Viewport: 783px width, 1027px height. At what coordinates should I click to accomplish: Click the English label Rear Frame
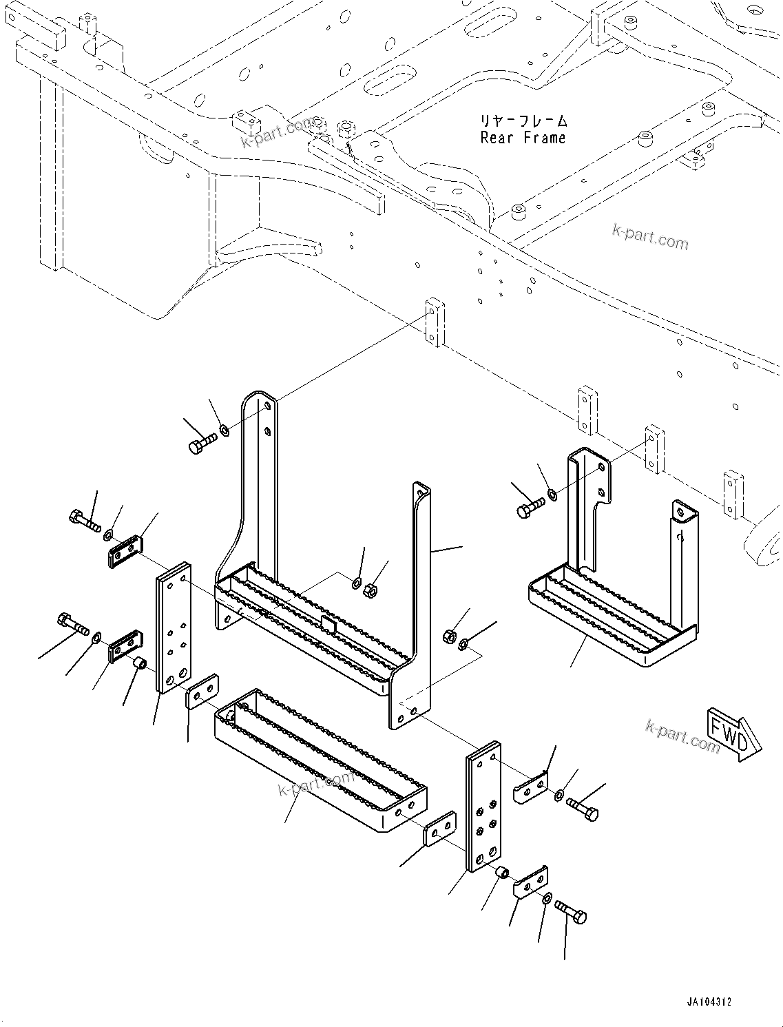point(523,138)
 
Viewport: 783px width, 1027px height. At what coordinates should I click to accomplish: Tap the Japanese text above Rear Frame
point(524,121)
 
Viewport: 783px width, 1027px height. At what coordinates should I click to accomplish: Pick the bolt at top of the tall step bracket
point(202,442)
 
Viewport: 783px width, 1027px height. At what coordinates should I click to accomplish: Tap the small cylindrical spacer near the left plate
point(138,664)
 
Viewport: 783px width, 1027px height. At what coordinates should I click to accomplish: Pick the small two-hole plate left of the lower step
point(202,692)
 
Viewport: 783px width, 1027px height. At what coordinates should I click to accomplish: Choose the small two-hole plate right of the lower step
point(439,828)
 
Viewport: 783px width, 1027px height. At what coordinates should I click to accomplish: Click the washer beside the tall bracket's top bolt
point(225,432)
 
